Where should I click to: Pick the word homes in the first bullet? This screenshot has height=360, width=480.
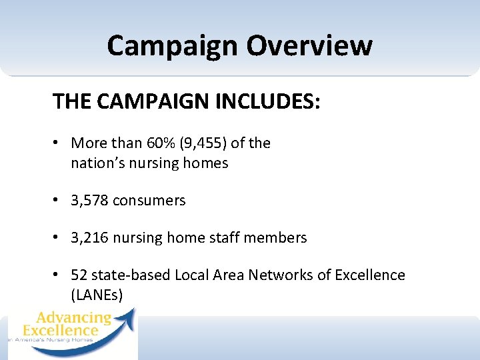click(207, 163)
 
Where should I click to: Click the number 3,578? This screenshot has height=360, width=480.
click(89, 201)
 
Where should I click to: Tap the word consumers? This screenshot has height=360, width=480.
click(149, 201)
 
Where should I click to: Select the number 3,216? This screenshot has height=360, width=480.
click(89, 238)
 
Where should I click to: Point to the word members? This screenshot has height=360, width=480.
click(279, 238)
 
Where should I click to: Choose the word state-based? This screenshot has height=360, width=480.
click(131, 275)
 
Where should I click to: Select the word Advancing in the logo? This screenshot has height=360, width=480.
click(74, 318)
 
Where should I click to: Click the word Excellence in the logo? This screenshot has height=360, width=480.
click(60, 330)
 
